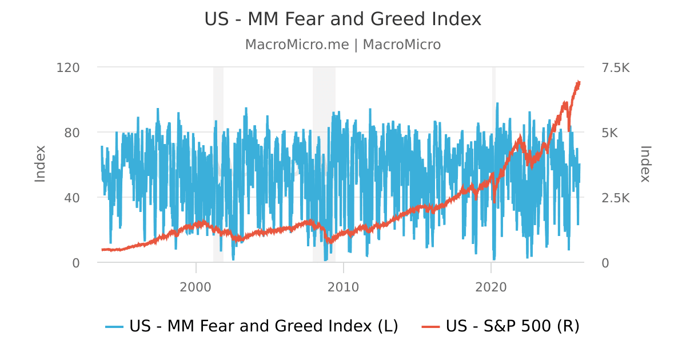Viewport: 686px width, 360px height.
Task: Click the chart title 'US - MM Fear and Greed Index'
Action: click(342, 19)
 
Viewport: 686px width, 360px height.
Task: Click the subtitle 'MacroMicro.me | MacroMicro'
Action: click(342, 45)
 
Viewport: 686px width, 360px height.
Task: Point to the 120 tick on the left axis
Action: click(67, 67)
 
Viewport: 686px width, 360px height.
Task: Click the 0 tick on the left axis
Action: click(75, 263)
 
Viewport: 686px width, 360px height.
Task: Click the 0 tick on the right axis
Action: click(605, 263)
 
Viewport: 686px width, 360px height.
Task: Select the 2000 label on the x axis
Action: click(196, 287)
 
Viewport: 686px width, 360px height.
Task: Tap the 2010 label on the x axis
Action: click(344, 287)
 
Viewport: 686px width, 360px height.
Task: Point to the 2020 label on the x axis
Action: click(491, 287)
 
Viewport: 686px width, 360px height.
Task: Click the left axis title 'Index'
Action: click(40, 165)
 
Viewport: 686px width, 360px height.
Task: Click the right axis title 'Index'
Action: click(645, 165)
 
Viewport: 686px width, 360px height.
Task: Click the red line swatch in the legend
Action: click(431, 327)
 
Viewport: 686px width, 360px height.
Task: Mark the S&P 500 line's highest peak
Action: click(579, 82)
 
